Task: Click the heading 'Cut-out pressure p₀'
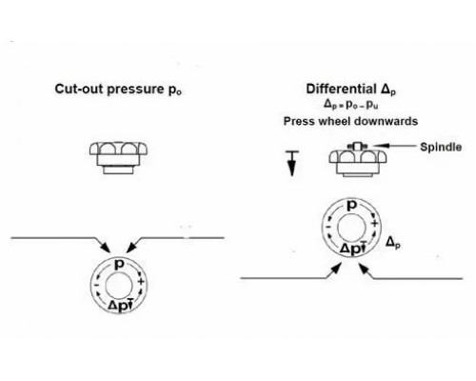[x=118, y=90]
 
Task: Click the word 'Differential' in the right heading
[x=341, y=89]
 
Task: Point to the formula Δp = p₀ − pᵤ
[x=350, y=105]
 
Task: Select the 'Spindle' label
[x=441, y=147]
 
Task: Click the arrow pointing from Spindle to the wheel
[x=394, y=146]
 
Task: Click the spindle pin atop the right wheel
[x=358, y=147]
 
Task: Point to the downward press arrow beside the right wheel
[x=292, y=164]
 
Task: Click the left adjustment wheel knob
[x=118, y=157]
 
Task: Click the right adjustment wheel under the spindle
[x=358, y=163]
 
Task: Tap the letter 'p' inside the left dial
[x=119, y=264]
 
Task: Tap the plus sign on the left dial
[x=141, y=282]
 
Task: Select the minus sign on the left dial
[x=96, y=285]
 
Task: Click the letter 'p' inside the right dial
[x=351, y=206]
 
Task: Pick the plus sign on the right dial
[x=374, y=223]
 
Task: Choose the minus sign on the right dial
[x=328, y=227]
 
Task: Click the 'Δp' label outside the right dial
[x=393, y=243]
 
